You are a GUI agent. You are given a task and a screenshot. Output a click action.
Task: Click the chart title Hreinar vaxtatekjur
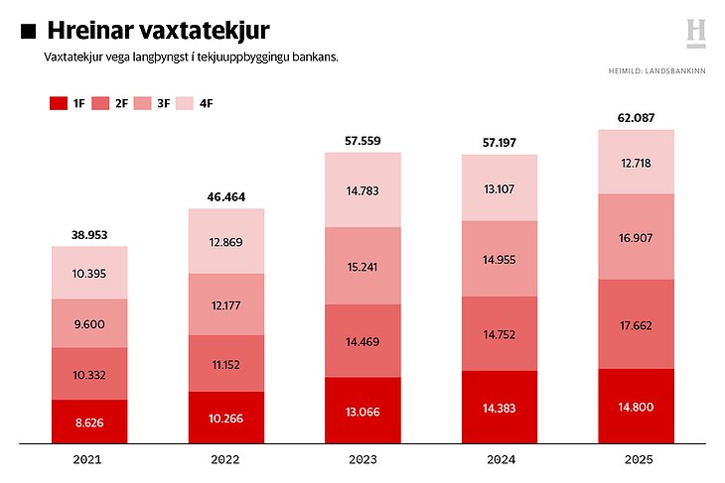coord(158,33)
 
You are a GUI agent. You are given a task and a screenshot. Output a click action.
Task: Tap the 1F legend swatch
coord(56,103)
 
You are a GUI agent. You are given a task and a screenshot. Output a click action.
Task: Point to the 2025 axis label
coord(636,460)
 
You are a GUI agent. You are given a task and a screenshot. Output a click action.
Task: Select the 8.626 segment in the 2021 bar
coord(89,422)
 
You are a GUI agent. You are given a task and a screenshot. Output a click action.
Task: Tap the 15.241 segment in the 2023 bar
coord(363,266)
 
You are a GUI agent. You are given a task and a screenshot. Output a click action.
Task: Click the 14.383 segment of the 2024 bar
coord(500,407)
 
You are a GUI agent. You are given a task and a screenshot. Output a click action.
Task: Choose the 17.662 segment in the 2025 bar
coord(636,324)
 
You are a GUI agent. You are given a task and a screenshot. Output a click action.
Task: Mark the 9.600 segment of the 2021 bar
coord(89,323)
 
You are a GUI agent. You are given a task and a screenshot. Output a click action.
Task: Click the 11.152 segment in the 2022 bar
coord(226,363)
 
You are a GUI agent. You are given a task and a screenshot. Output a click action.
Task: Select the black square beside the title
coord(29,33)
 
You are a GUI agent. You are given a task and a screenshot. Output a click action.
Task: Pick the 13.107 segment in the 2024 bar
coord(500,187)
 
